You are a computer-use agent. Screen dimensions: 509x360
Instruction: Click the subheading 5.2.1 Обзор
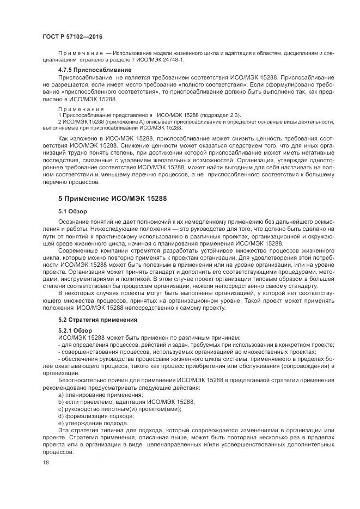(75, 330)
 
